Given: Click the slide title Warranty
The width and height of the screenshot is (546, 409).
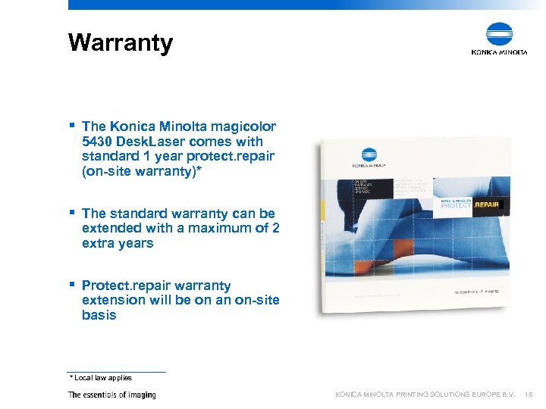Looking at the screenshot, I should tap(120, 42).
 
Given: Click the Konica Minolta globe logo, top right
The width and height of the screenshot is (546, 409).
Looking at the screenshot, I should tap(499, 35).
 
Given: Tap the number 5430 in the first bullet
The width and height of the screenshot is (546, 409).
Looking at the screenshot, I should tap(98, 141).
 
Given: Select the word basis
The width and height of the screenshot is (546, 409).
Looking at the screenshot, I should tap(99, 315).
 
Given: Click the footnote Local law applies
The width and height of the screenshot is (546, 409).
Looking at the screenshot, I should tap(103, 377).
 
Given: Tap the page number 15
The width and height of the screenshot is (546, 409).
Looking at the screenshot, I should tap(529, 395).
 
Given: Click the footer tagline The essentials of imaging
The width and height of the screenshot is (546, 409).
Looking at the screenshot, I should tap(111, 395).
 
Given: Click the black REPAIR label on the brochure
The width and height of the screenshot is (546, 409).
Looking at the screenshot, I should tap(487, 204).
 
